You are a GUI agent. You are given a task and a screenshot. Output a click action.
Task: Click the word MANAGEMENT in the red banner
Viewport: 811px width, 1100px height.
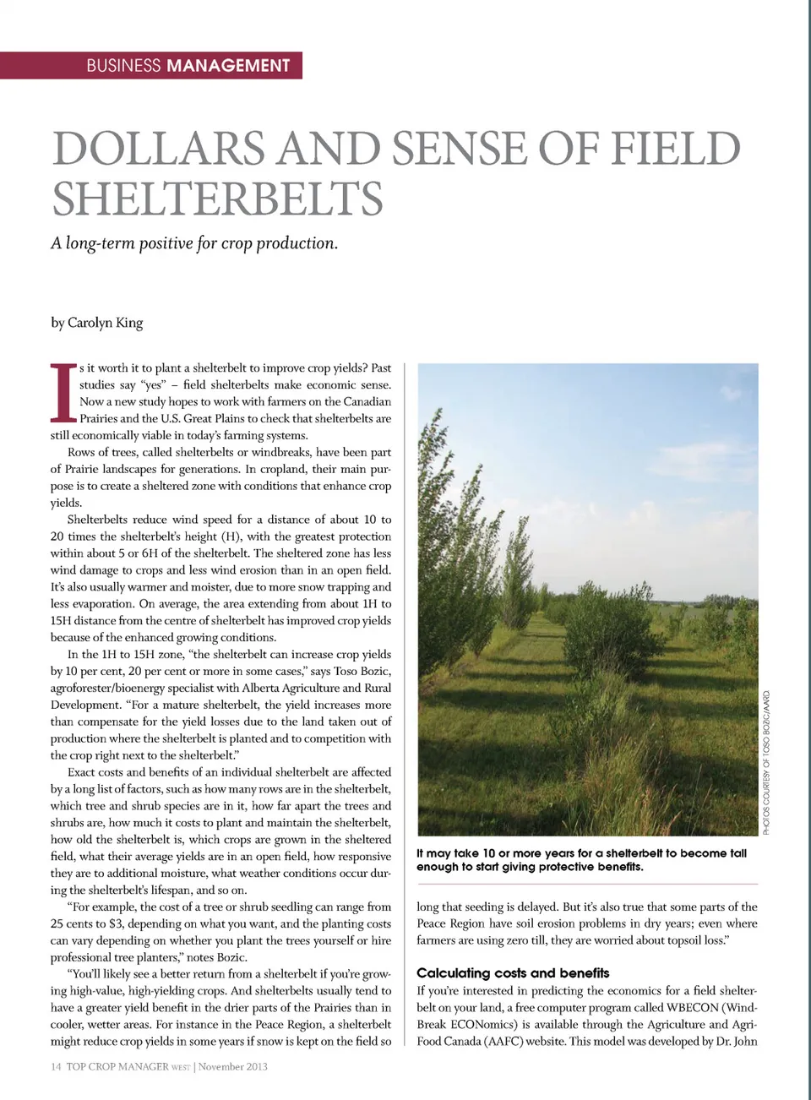(228, 66)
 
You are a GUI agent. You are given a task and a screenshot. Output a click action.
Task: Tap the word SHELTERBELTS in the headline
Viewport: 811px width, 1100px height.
(217, 199)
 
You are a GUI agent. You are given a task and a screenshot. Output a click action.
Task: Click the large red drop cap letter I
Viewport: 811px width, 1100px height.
(61, 392)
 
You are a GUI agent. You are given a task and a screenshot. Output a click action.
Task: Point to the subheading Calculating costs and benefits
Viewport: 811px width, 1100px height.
(513, 973)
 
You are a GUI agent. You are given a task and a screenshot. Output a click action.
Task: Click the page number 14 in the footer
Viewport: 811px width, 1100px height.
(56, 1067)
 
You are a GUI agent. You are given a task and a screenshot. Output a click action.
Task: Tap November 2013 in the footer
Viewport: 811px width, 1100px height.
(233, 1067)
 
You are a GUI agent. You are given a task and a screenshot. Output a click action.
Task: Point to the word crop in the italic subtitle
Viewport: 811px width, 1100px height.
(236, 243)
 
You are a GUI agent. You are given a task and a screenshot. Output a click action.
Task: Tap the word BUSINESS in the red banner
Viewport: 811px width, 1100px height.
(123, 66)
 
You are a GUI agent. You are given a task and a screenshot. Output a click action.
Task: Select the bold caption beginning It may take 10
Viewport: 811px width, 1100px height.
(581, 860)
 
